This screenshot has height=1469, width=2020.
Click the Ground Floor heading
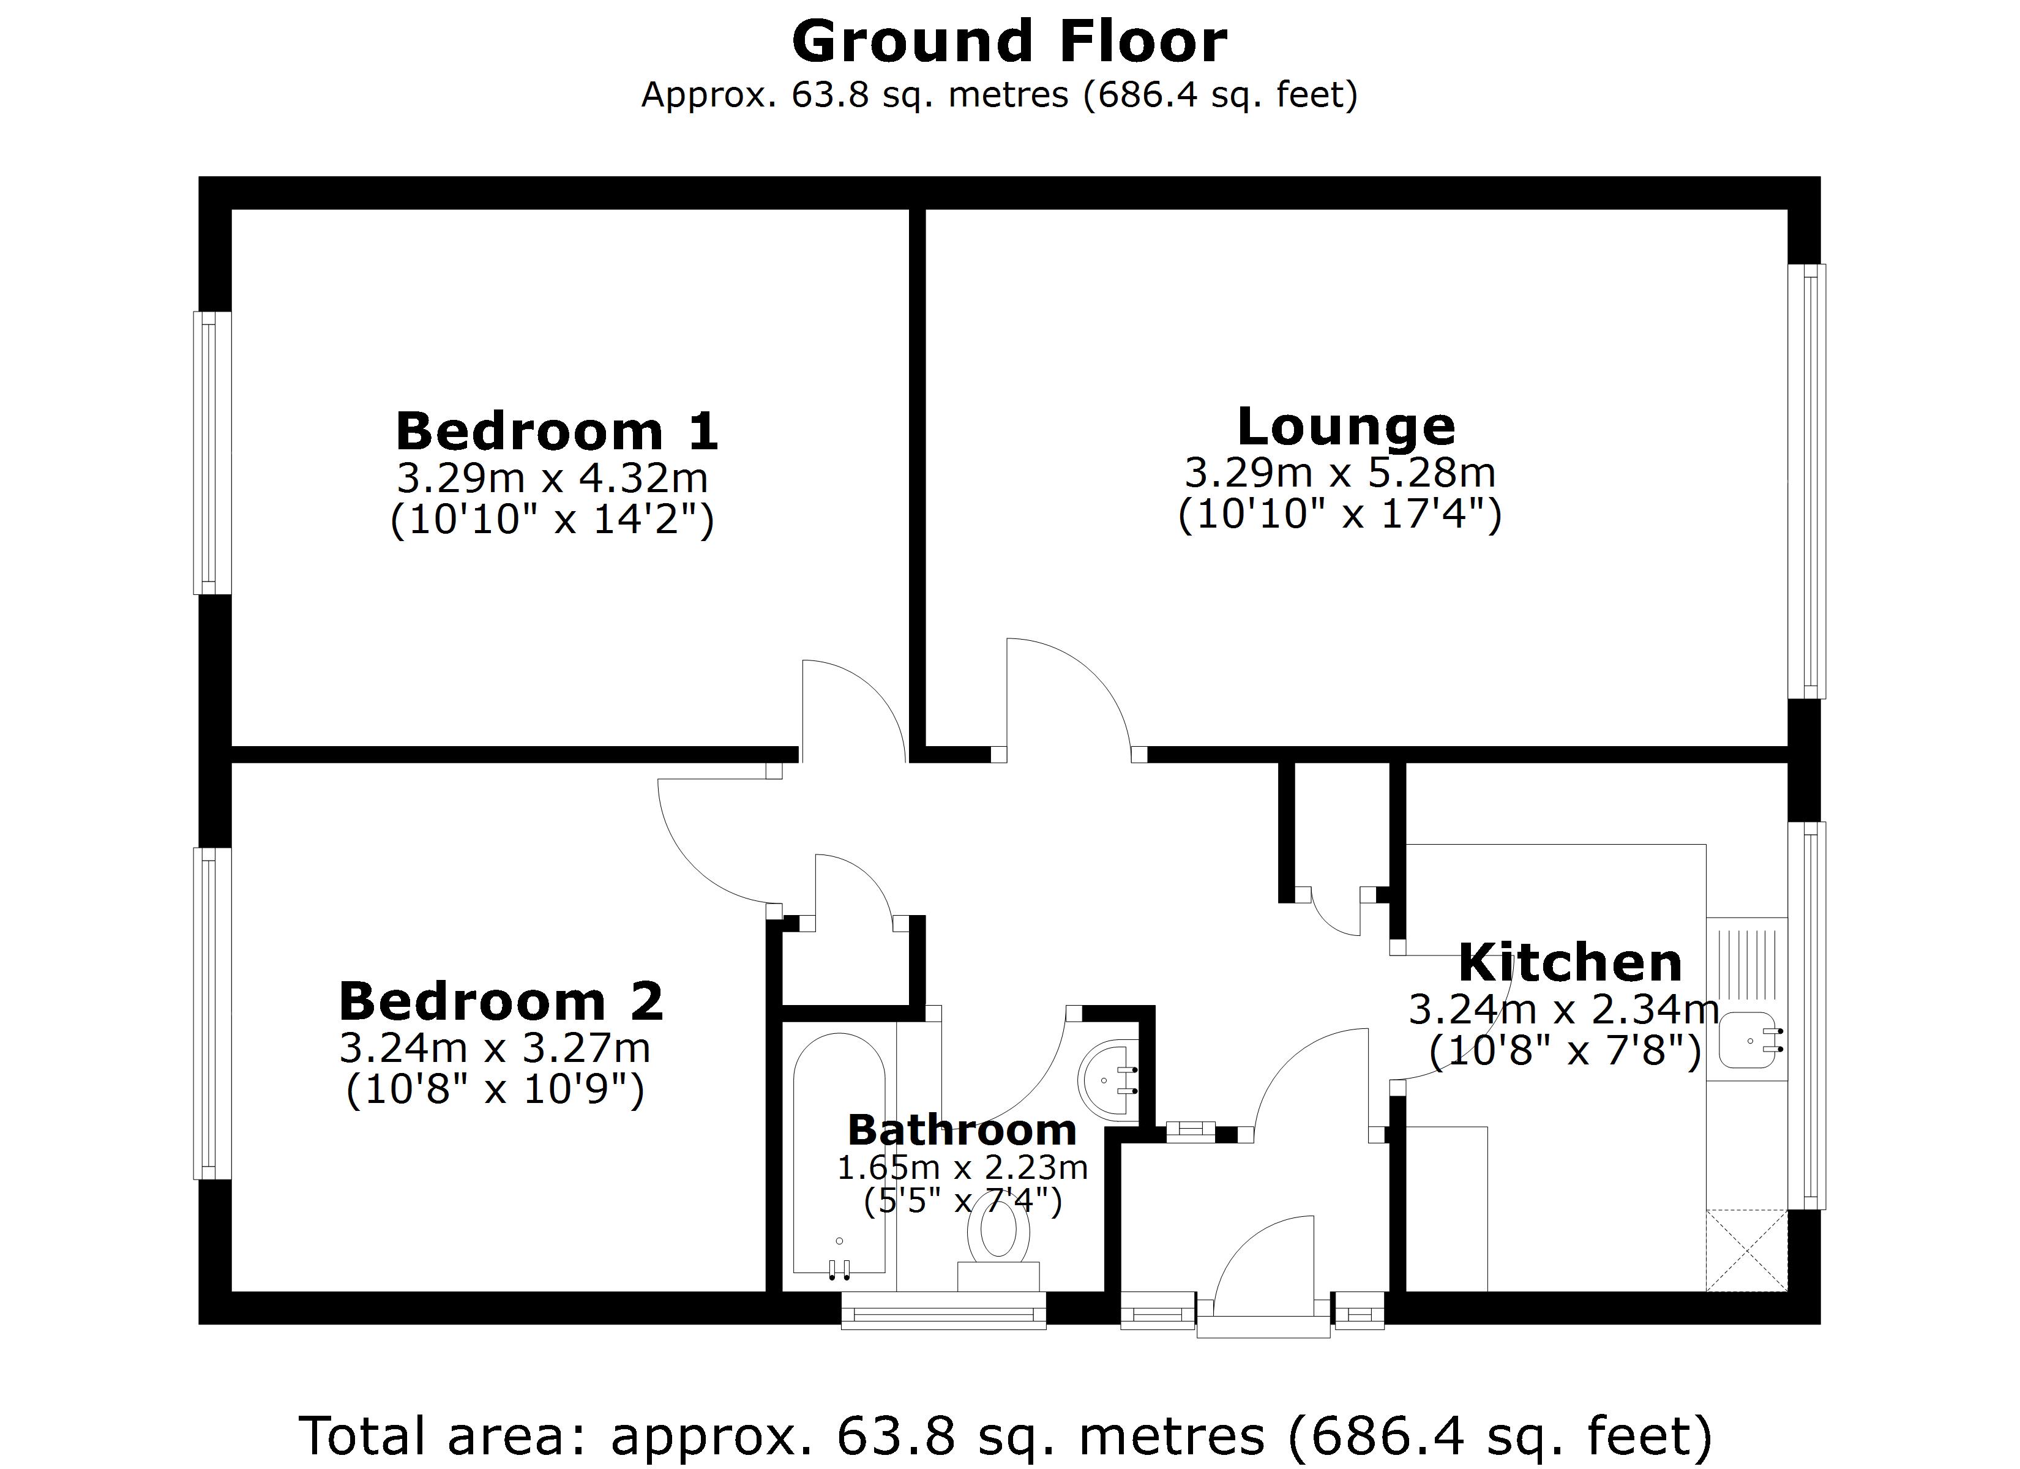tap(1009, 43)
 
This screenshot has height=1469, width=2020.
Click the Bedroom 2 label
tap(501, 1001)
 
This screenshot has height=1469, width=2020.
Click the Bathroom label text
tap(962, 1131)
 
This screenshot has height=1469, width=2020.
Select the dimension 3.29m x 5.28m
tap(1339, 473)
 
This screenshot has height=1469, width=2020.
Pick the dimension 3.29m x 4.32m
tap(552, 479)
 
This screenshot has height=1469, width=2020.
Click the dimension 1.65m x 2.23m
tap(962, 1167)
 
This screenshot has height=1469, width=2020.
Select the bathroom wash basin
tap(1109, 1080)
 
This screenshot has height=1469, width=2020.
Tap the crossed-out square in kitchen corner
tap(1746, 1250)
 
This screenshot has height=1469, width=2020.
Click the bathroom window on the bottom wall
tap(943, 1311)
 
